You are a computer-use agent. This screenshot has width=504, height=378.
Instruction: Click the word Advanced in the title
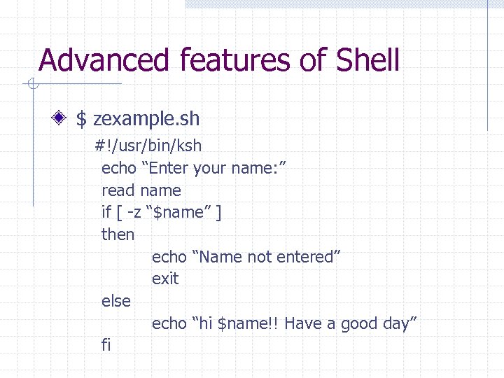click(x=104, y=60)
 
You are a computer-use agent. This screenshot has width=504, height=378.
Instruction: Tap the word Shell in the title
click(x=367, y=60)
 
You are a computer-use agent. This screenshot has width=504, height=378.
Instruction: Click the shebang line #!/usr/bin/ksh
click(x=148, y=146)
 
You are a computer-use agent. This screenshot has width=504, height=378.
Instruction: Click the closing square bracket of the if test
click(x=219, y=212)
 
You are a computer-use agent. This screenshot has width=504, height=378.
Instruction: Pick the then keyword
click(x=118, y=234)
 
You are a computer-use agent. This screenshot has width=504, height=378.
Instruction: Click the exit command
click(x=165, y=279)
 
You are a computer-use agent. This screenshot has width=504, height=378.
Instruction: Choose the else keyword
click(x=116, y=301)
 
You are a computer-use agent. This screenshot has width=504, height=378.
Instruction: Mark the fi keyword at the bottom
click(x=106, y=345)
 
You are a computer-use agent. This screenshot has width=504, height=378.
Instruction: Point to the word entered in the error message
click(x=306, y=257)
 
